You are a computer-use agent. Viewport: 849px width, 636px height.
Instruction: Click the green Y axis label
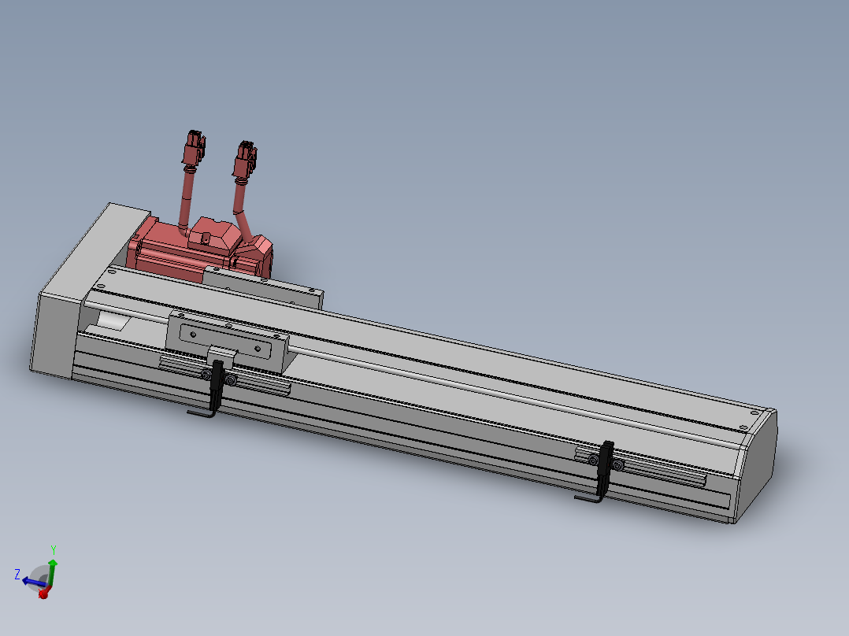(54, 550)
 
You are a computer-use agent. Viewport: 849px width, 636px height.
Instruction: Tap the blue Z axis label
(17, 575)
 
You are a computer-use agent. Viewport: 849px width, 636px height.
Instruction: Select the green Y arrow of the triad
(52, 573)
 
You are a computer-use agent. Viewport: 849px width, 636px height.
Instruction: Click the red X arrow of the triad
(43, 593)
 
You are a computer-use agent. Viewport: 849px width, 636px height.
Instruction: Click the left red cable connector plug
(194, 148)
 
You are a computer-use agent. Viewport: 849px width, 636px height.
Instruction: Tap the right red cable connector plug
(245, 160)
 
